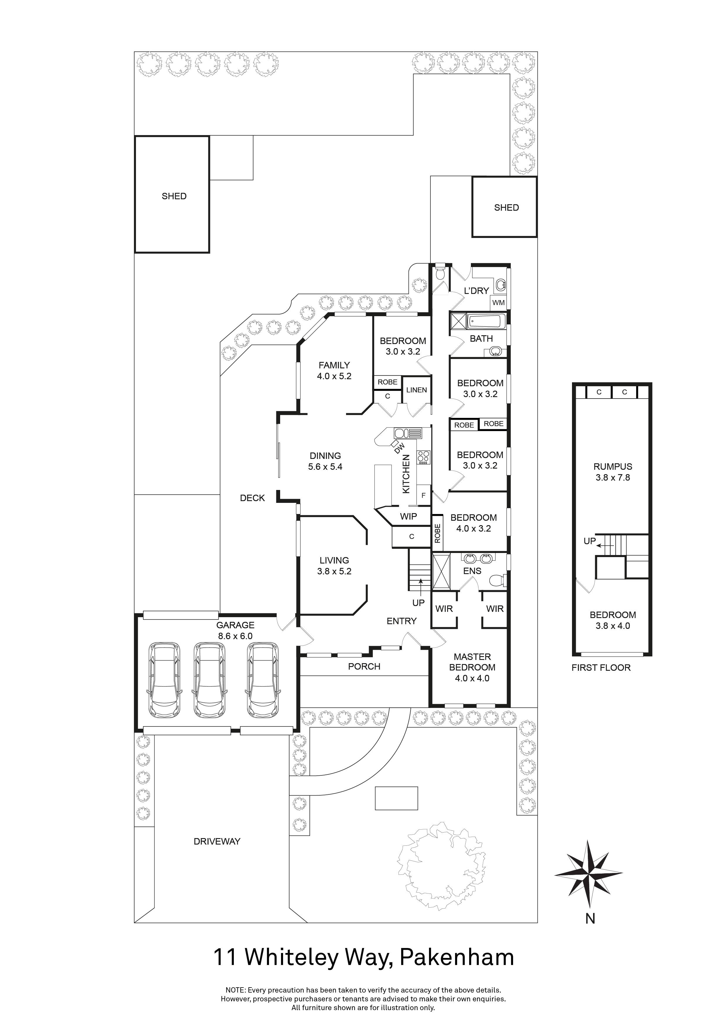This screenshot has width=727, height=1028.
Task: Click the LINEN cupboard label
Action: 416,390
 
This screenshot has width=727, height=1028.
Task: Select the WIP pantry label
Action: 408,516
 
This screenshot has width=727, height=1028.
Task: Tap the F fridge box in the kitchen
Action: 423,496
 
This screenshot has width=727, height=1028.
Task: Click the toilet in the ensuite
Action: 496,581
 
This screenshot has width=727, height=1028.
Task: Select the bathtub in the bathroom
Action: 487,321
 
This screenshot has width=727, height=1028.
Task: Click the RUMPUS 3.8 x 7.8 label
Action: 612,472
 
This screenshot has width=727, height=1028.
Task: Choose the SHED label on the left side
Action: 174,196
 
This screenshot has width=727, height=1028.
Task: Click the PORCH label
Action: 364,666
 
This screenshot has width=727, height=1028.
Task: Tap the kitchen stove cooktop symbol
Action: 423,457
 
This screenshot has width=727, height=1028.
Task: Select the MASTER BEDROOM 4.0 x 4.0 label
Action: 472,667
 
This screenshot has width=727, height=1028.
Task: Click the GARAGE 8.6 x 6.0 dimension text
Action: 235,636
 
